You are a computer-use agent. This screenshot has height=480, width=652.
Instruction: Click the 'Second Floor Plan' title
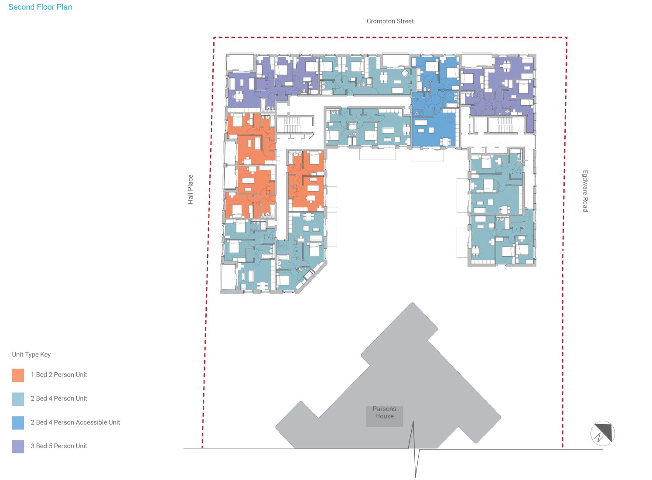point(40,7)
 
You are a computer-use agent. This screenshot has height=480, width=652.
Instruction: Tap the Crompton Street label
point(390,21)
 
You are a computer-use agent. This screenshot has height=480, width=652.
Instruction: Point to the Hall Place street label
point(190,189)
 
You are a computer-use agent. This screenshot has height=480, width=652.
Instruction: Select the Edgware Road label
point(585,191)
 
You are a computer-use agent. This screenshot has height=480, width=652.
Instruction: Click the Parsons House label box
point(384,416)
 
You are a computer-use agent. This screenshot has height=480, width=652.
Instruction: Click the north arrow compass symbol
point(603,433)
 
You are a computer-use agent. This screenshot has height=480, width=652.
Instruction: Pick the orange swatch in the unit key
point(18,375)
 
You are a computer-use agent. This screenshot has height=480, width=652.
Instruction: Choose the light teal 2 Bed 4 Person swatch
point(18,399)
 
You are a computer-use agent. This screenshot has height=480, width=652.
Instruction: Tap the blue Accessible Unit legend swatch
point(18,422)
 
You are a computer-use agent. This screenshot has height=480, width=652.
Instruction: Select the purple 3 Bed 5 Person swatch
point(18,446)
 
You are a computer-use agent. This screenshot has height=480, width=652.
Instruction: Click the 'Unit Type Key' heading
point(31,354)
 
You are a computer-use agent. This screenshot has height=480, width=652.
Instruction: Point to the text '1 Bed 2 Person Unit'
point(59,375)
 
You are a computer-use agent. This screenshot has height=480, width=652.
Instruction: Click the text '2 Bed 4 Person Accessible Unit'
point(75,422)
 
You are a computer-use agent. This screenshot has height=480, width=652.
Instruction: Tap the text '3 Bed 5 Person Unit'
point(59,446)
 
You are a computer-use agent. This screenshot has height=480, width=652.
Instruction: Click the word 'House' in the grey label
point(384,416)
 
